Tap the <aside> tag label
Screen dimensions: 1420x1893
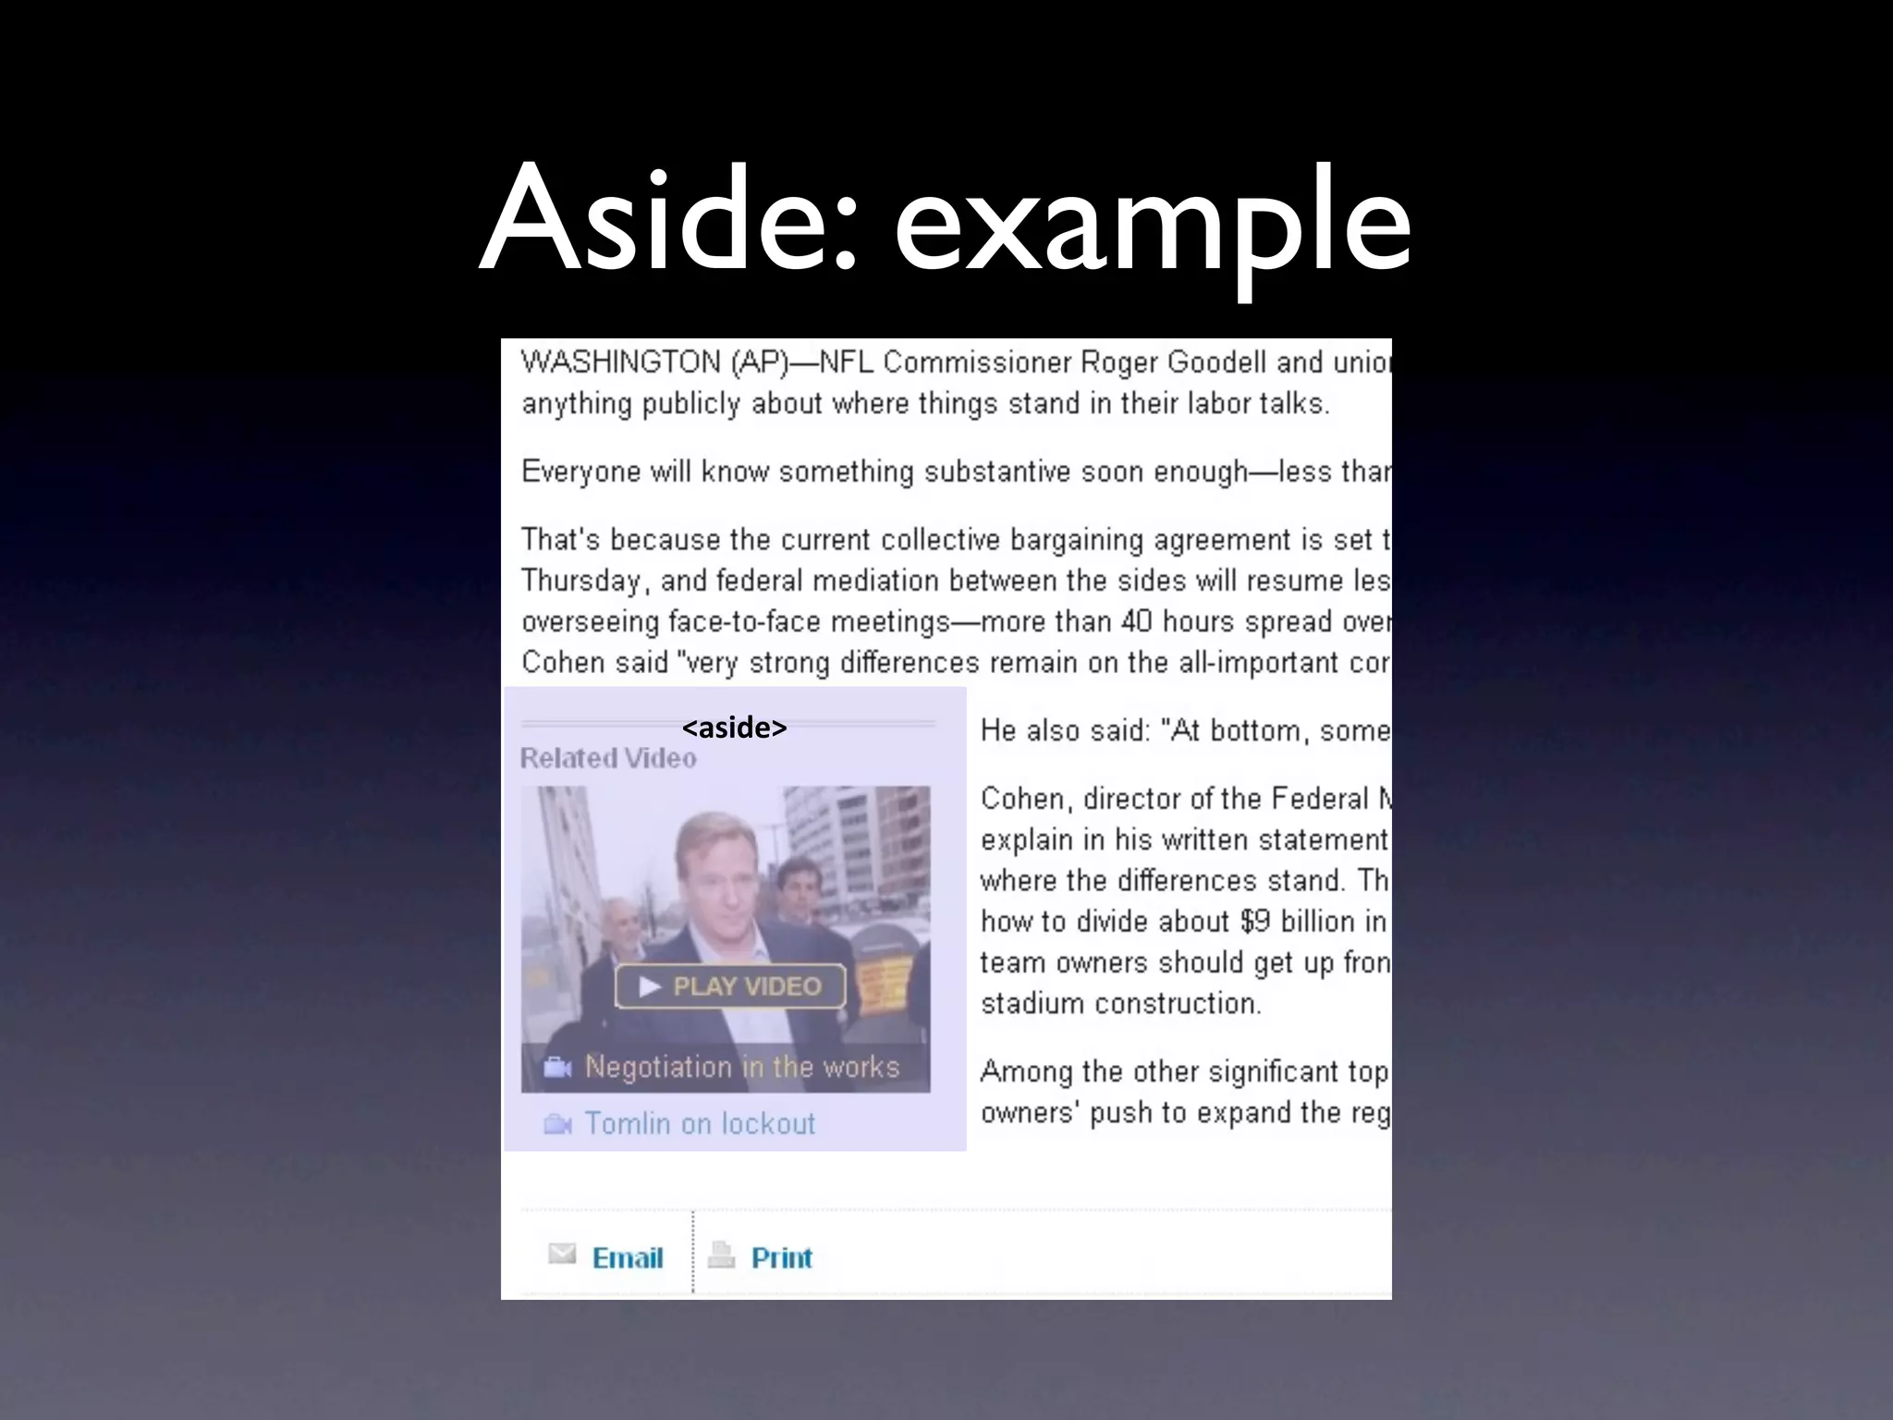[x=734, y=728]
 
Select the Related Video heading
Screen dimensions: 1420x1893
[x=608, y=758]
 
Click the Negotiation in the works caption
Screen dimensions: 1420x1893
[x=741, y=1067]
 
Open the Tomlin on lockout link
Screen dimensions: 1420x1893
[x=700, y=1123]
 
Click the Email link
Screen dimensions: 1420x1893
[x=628, y=1257]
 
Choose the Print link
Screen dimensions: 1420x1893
[x=781, y=1257]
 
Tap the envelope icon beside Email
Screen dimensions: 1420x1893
[x=561, y=1254]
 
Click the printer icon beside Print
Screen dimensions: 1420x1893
[x=721, y=1255]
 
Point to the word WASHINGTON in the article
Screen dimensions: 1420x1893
[x=620, y=361]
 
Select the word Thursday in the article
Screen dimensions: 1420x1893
[x=580, y=581]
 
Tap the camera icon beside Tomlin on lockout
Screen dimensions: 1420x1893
[x=557, y=1124]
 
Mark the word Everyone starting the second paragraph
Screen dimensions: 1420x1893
[x=580, y=471]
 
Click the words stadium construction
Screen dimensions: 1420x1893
[x=1120, y=1003]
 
